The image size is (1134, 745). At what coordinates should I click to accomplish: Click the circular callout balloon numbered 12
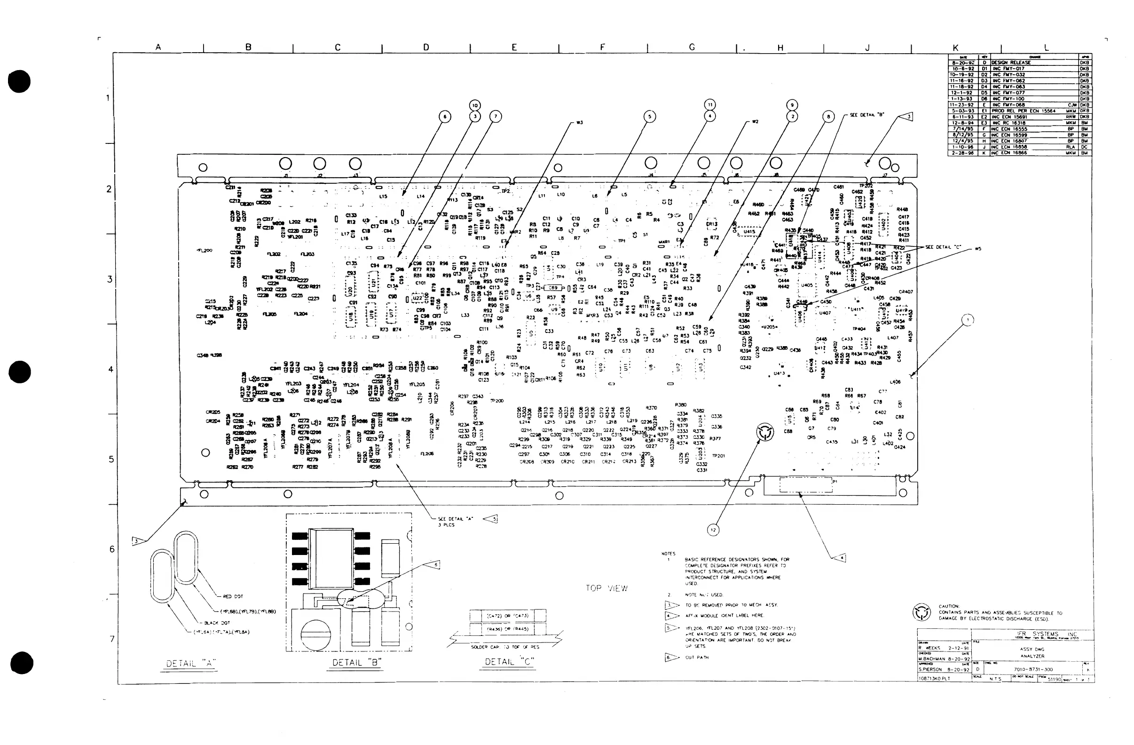pyautogui.click(x=713, y=530)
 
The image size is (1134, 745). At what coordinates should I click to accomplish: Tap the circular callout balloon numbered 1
pyautogui.click(x=968, y=320)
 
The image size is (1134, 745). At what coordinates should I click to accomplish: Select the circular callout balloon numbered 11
pyautogui.click(x=710, y=105)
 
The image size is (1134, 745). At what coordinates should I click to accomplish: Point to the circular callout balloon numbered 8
pyautogui.click(x=828, y=116)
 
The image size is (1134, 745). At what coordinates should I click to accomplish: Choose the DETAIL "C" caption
pyautogui.click(x=509, y=661)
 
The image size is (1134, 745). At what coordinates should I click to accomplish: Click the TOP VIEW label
pyautogui.click(x=606, y=588)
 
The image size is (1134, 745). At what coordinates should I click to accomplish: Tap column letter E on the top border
pyautogui.click(x=514, y=47)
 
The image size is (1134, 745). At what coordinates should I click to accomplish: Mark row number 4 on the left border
pyautogui.click(x=110, y=369)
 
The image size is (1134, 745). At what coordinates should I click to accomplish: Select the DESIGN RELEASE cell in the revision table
pyautogui.click(x=1011, y=63)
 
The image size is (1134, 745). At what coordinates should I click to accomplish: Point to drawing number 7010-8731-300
pyautogui.click(x=1033, y=669)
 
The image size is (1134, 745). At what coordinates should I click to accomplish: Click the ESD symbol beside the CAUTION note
pyautogui.click(x=921, y=612)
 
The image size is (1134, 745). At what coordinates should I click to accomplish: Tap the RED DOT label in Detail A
pyautogui.click(x=233, y=596)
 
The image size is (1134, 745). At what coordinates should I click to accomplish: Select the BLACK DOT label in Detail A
pyautogui.click(x=217, y=623)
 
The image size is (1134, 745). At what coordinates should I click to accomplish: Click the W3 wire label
pyautogui.click(x=579, y=122)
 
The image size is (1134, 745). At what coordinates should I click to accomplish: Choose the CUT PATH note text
pyautogui.click(x=697, y=658)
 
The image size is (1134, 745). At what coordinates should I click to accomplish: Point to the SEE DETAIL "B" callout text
pyautogui.click(x=867, y=115)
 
